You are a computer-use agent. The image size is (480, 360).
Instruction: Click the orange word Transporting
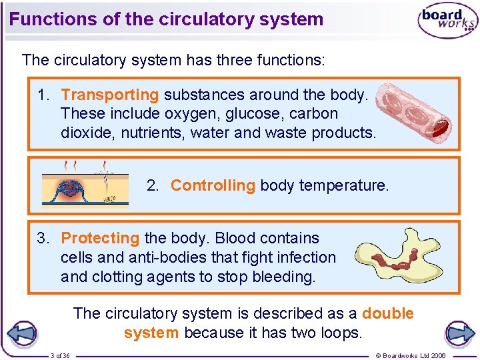(110, 95)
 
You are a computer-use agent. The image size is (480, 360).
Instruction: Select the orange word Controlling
(213, 185)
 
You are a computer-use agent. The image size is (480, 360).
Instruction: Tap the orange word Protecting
(100, 238)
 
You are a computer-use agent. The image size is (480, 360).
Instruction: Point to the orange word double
(388, 313)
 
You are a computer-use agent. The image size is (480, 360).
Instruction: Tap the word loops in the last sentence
(339, 332)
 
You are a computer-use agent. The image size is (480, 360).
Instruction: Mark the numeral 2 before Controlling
(151, 185)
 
